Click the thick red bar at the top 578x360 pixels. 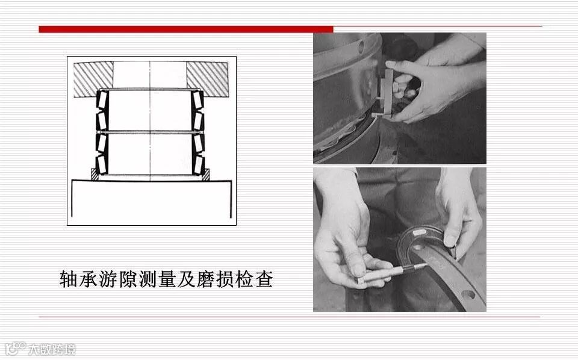click(186, 29)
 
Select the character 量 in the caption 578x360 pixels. click(167, 279)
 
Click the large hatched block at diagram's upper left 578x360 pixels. click(93, 79)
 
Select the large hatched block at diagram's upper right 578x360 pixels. click(208, 79)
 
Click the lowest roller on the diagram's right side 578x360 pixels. click(198, 165)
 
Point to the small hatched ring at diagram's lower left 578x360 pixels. click(95, 175)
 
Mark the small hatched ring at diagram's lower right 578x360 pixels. click(206, 175)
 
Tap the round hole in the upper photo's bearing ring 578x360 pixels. click(361, 47)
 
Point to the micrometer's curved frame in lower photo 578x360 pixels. click(423, 240)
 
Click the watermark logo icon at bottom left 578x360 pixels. click(14, 349)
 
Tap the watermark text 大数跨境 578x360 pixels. click(52, 349)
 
